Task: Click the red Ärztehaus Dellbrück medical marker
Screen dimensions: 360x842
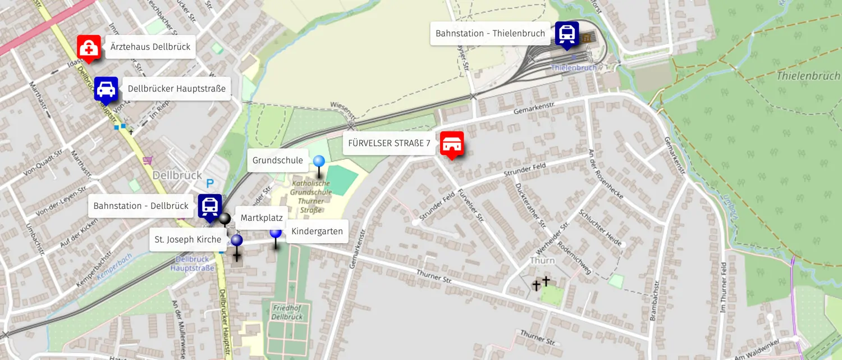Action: click(x=89, y=48)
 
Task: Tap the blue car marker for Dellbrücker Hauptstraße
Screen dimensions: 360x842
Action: click(x=106, y=89)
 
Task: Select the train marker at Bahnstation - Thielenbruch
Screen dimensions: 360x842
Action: click(x=567, y=34)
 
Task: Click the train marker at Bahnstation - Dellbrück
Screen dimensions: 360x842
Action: click(x=210, y=206)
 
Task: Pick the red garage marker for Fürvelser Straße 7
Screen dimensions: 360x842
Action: click(x=451, y=144)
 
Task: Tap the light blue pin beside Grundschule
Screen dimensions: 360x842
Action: click(x=319, y=162)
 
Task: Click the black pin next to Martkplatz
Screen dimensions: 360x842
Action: click(x=225, y=218)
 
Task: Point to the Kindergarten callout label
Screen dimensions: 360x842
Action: click(x=317, y=231)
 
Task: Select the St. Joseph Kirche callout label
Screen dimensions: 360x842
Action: click(x=188, y=239)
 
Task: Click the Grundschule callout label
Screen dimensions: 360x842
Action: click(x=277, y=161)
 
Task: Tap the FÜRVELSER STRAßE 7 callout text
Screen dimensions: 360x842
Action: click(x=389, y=143)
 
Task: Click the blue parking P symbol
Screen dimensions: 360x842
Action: click(x=210, y=183)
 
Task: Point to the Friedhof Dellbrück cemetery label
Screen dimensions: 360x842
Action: click(x=287, y=312)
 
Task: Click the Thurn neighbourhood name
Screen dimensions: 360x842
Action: click(x=542, y=261)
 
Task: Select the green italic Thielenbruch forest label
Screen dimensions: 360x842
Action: click(x=808, y=76)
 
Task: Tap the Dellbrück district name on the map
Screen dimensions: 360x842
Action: click(x=177, y=175)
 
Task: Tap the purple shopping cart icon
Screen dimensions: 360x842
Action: click(x=148, y=161)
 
